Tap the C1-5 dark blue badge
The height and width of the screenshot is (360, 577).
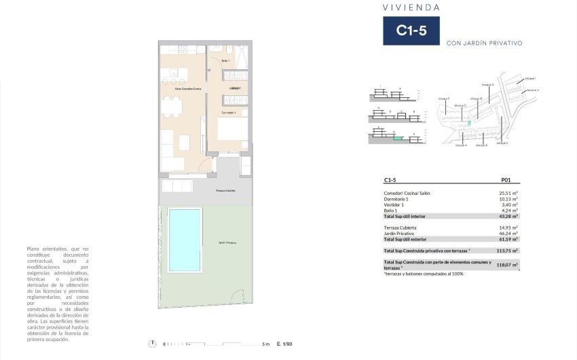(x=411, y=31)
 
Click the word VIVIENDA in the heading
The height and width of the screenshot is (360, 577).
(x=411, y=7)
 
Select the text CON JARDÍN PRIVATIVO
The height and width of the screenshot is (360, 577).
(x=484, y=43)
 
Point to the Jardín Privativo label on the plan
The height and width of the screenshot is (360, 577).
(x=227, y=242)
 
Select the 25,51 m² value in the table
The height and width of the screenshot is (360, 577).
(x=508, y=194)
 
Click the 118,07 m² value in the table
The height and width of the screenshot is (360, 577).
(x=506, y=265)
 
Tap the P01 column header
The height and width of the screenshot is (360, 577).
(x=506, y=181)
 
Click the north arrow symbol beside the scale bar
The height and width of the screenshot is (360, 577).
(x=156, y=344)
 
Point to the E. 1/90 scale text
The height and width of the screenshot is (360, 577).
(x=284, y=344)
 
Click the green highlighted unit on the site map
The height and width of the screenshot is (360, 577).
(x=468, y=123)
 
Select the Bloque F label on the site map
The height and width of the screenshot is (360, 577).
(x=444, y=99)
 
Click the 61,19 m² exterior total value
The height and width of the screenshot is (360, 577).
(x=508, y=239)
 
